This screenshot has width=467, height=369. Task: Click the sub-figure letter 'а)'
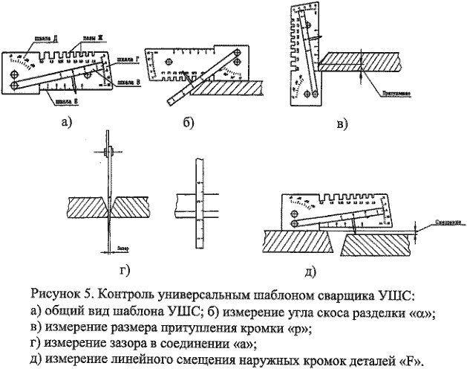[68, 122]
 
